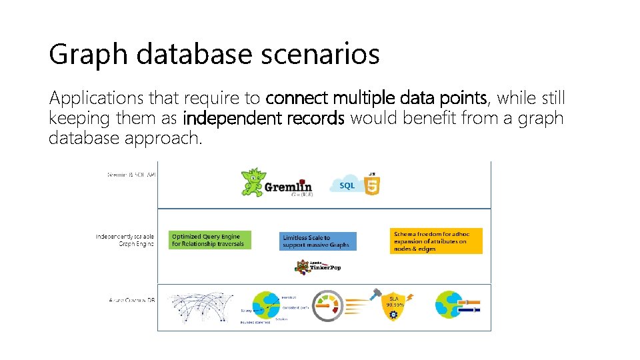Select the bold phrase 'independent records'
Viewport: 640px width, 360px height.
tap(263, 119)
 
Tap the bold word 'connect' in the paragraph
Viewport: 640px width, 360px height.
tap(297, 99)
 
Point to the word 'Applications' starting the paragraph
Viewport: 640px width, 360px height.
tap(97, 99)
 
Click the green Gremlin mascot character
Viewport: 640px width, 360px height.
tap(253, 181)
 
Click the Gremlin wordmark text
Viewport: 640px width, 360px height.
tap(288, 187)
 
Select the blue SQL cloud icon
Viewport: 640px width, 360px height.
tap(347, 185)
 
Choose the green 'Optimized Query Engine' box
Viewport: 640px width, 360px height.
tap(210, 240)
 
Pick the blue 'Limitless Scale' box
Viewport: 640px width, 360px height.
tap(319, 241)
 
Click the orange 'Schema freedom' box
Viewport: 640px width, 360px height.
tap(436, 241)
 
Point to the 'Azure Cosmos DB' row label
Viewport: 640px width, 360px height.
tap(131, 301)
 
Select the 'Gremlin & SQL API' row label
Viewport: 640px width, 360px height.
tap(131, 175)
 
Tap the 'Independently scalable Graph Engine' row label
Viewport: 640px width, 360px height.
tap(125, 240)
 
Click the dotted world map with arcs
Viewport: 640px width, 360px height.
tap(201, 307)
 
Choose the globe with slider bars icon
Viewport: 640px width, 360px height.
tap(457, 304)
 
